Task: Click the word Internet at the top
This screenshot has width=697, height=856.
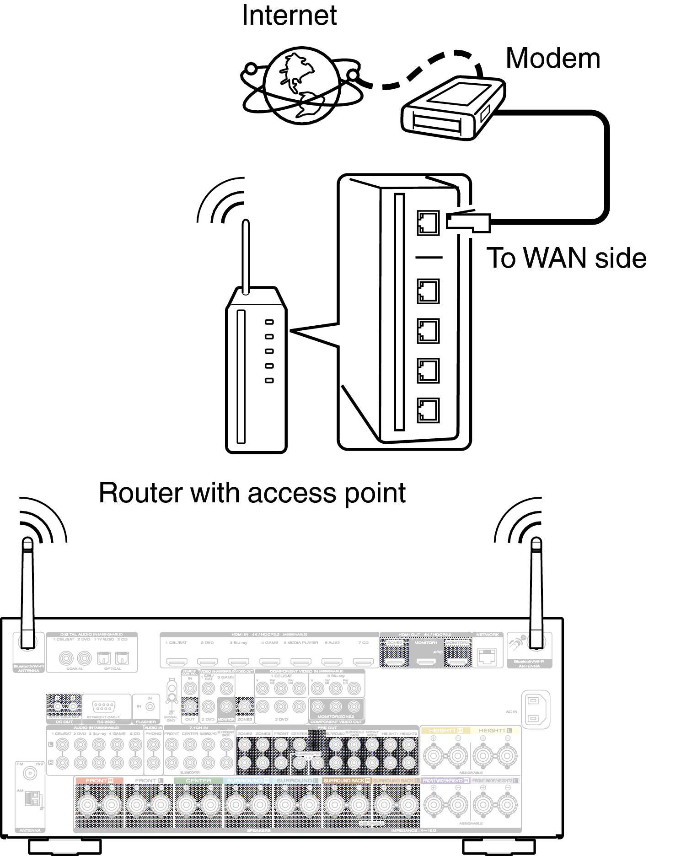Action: (x=289, y=15)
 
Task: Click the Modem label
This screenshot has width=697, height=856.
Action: (x=552, y=59)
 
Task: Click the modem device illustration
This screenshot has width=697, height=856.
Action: (x=452, y=108)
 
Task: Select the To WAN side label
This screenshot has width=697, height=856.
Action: (x=566, y=258)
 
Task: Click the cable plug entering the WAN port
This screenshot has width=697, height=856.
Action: (x=468, y=222)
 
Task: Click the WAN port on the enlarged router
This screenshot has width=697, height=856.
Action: (x=428, y=223)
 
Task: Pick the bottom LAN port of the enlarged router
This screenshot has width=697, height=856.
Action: (x=428, y=410)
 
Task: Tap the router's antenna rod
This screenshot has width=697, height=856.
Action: (x=246, y=256)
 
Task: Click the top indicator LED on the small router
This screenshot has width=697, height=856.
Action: (x=269, y=322)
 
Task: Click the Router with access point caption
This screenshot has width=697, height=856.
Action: (x=252, y=493)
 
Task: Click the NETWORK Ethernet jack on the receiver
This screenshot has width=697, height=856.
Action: (x=487, y=657)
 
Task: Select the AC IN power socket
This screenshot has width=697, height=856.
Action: (x=533, y=710)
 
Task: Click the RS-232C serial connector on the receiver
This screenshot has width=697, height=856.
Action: (x=104, y=706)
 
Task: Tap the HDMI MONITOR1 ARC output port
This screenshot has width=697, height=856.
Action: (x=426, y=662)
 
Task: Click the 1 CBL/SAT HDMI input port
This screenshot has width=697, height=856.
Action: (x=177, y=662)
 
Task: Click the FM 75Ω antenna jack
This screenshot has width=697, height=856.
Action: (x=30, y=774)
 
